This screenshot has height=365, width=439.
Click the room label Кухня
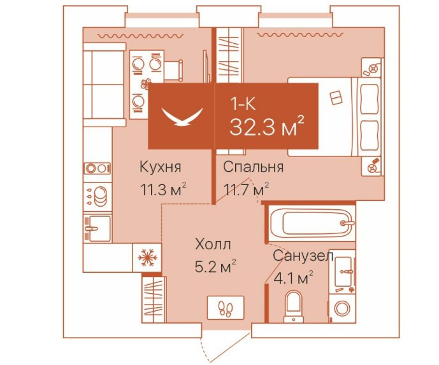pyautogui.click(x=161, y=167)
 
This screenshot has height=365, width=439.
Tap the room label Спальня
pyautogui.click(x=254, y=167)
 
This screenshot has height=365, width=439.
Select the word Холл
pyautogui.click(x=213, y=245)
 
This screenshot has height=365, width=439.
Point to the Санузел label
pyautogui.click(x=303, y=256)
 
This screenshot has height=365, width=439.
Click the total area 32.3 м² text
pyautogui.click(x=267, y=127)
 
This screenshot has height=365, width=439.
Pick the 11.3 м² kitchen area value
pyautogui.click(x=163, y=190)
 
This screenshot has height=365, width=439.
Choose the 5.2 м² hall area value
pyautogui.click(x=215, y=266)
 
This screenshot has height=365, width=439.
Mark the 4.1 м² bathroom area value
pyautogui.click(x=293, y=278)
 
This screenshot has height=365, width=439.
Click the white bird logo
pyautogui.click(x=182, y=117)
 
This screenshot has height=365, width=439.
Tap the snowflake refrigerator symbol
pyautogui.click(x=147, y=258)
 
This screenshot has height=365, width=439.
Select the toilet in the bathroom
pyautogui.click(x=294, y=306)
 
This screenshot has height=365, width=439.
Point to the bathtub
pyautogui.click(x=312, y=223)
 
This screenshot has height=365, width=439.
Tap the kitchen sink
pyautogui.click(x=97, y=228)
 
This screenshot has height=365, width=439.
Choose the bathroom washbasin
pyautogui.click(x=342, y=271)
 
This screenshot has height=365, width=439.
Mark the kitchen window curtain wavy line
pyautogui.click(x=141, y=36)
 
